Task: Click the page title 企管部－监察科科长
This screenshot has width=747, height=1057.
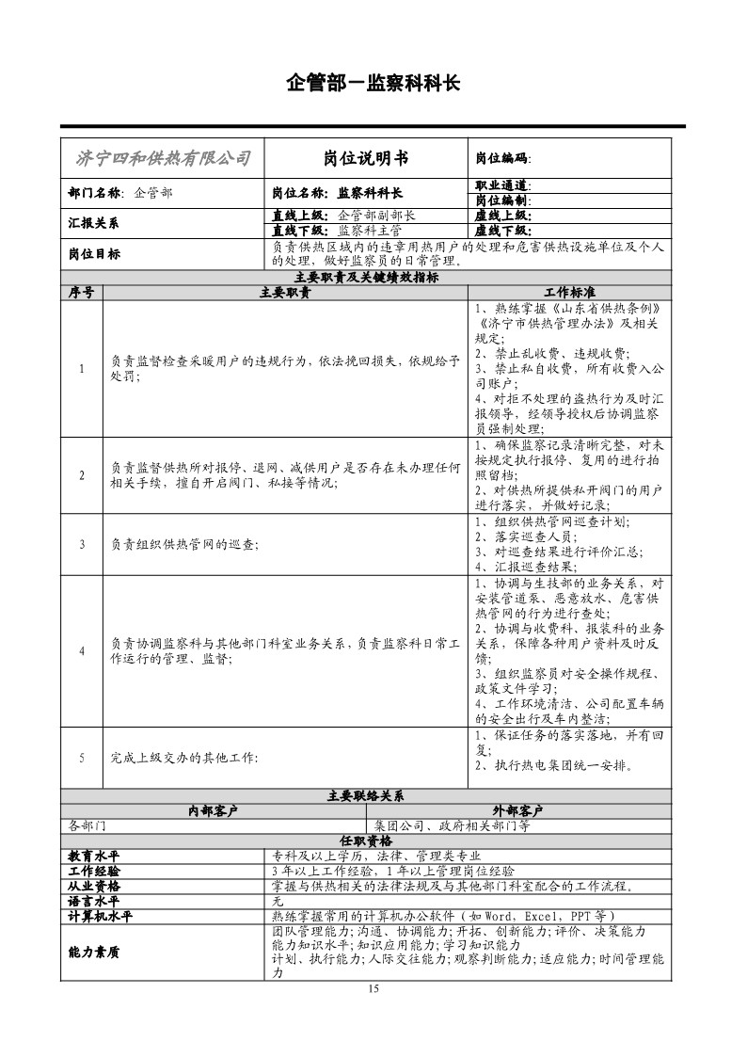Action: tap(373, 84)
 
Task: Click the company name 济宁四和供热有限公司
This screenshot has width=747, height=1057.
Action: tap(163, 158)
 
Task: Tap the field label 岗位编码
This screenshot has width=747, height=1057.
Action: tap(503, 159)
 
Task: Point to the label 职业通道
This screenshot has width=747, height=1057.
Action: tap(503, 185)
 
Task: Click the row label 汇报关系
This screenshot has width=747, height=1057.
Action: tap(94, 223)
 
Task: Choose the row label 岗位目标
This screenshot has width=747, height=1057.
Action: tap(94, 254)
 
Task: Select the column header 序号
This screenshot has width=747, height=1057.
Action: tap(82, 293)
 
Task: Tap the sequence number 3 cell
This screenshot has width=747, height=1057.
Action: tap(82, 544)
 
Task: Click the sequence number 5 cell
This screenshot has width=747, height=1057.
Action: tap(82, 757)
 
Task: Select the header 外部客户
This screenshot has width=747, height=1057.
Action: tap(518, 809)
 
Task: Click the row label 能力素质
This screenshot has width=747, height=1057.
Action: tap(94, 952)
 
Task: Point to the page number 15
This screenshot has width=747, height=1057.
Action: tap(373, 988)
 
